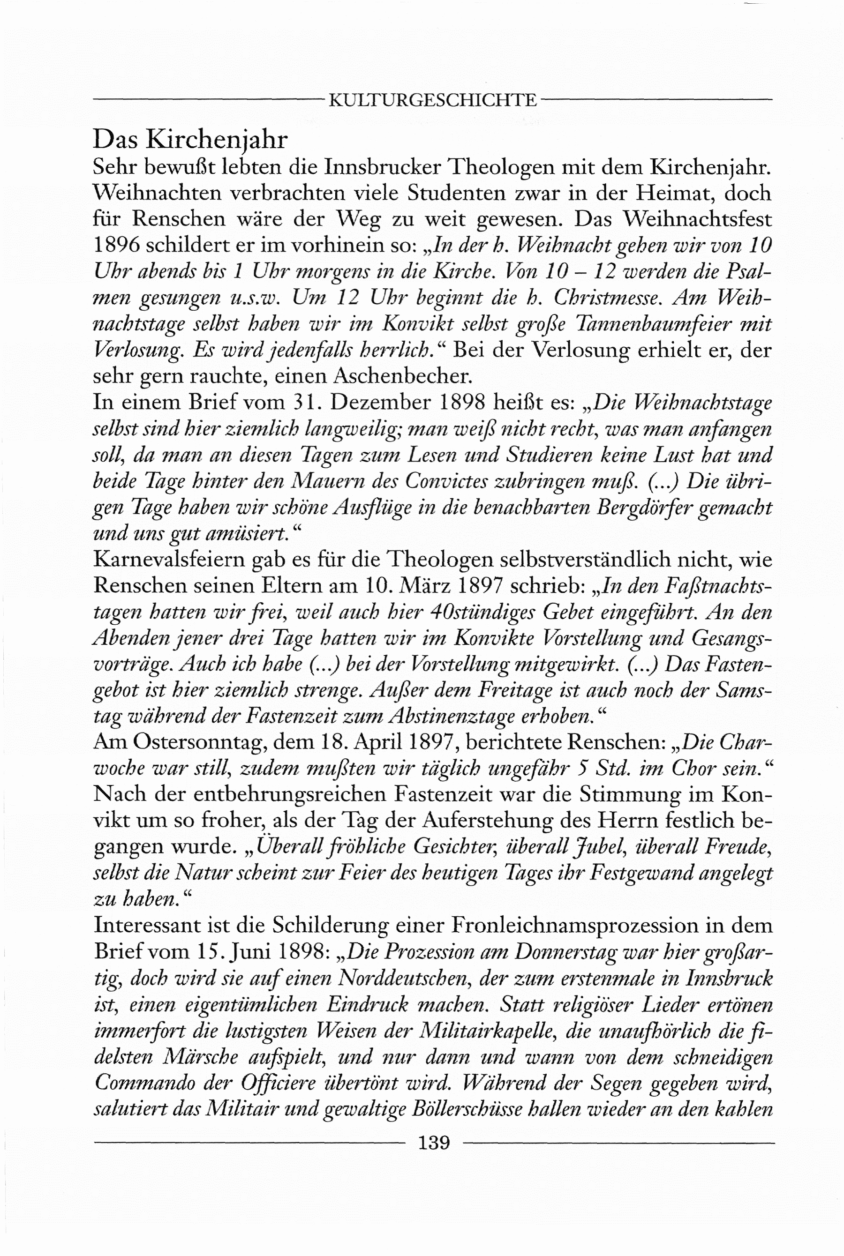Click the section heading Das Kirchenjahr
tap(190, 139)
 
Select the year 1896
tap(117, 245)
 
